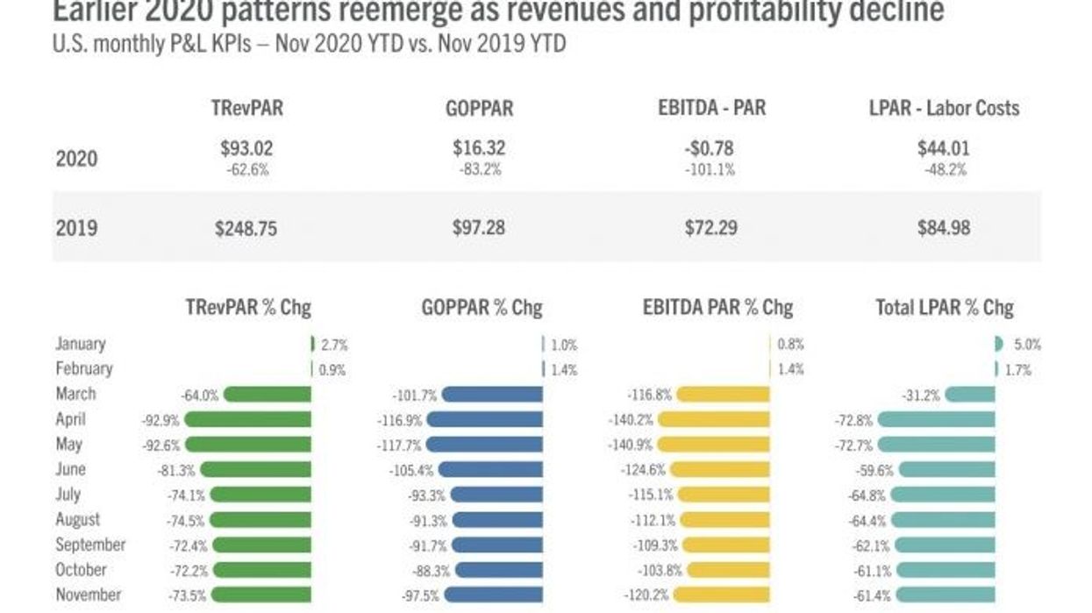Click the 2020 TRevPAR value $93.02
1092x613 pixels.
pos(246,148)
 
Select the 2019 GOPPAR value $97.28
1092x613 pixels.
pos(479,228)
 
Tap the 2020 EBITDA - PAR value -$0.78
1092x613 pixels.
pos(710,148)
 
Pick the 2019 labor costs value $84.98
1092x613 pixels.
pos(943,228)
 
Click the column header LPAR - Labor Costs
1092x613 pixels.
pos(943,108)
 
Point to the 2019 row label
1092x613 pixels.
pos(76,228)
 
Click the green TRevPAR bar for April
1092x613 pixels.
pos(247,420)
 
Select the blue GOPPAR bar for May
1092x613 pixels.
pos(484,445)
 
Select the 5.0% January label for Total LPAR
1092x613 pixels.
pos(1026,345)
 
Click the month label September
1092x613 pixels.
pos(90,545)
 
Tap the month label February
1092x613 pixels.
pos(84,369)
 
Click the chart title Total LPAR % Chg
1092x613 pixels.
pos(944,308)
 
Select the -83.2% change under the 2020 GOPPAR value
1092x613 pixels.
pos(480,170)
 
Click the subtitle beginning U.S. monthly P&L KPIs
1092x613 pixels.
pos(309,44)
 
